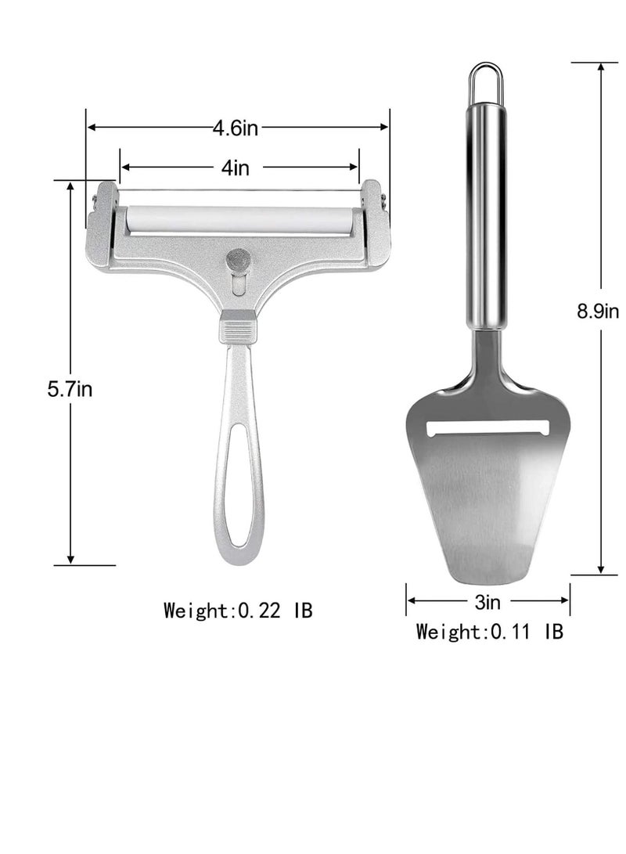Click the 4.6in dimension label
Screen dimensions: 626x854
tap(236, 128)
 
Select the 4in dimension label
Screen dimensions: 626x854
tap(236, 168)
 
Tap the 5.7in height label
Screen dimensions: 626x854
tap(70, 389)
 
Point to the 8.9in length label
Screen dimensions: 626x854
tap(598, 312)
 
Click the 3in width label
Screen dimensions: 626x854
tap(487, 602)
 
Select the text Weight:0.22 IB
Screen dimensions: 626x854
tap(239, 610)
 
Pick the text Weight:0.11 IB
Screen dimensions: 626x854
tap(490, 632)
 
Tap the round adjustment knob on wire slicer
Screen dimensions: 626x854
tap(238, 258)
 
